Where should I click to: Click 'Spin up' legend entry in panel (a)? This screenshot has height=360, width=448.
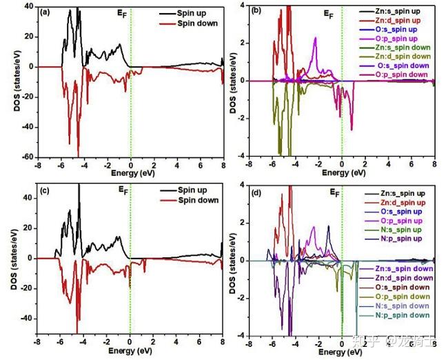click(197, 14)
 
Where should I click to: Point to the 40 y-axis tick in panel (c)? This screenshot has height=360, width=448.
click(29, 197)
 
